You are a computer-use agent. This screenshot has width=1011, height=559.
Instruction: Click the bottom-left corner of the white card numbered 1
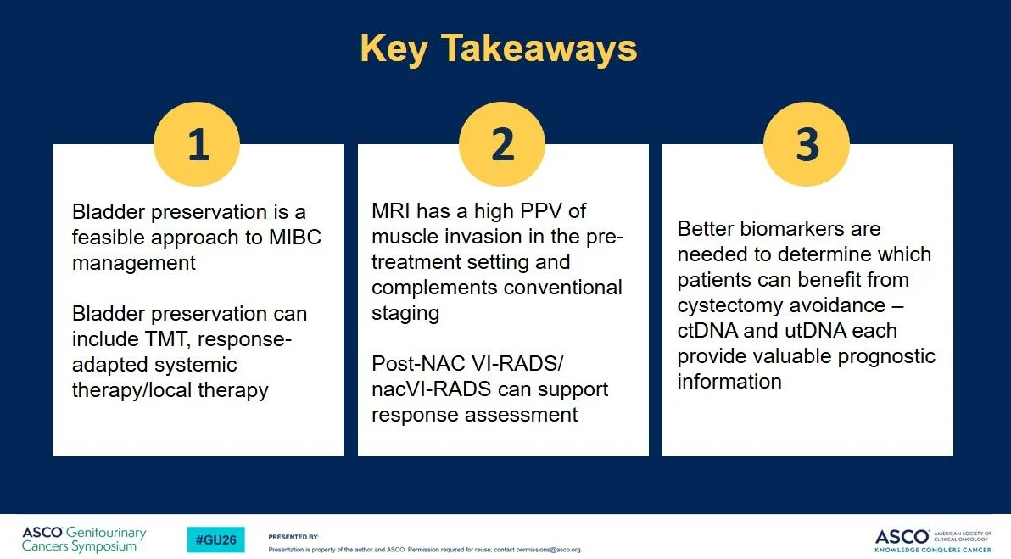pos(53,456)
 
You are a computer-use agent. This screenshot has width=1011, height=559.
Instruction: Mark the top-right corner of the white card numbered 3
pos(953,144)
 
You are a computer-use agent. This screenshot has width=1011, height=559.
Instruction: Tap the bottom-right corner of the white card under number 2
pos(649,456)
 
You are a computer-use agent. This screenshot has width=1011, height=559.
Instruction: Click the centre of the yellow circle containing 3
pos(807,144)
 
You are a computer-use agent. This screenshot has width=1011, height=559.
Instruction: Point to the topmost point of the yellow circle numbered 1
pos(197,101)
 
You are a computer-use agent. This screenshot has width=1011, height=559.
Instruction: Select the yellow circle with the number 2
pos(502,144)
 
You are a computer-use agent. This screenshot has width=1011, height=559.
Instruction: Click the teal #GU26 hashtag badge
pos(216,539)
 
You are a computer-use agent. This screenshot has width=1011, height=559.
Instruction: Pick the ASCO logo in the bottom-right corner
pos(933,540)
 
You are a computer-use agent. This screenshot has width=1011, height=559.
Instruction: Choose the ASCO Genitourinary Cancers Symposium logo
pos(85,539)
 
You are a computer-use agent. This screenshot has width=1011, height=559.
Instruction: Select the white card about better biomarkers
pos(808,299)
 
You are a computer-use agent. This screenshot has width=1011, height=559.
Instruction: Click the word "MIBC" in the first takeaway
pos(294,238)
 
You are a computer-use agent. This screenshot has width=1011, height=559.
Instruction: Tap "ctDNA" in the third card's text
pos(707,331)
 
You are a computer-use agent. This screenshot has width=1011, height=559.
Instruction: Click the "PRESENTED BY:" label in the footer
pos(293,537)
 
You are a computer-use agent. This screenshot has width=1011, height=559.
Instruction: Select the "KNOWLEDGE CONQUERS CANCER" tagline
pos(933,550)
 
